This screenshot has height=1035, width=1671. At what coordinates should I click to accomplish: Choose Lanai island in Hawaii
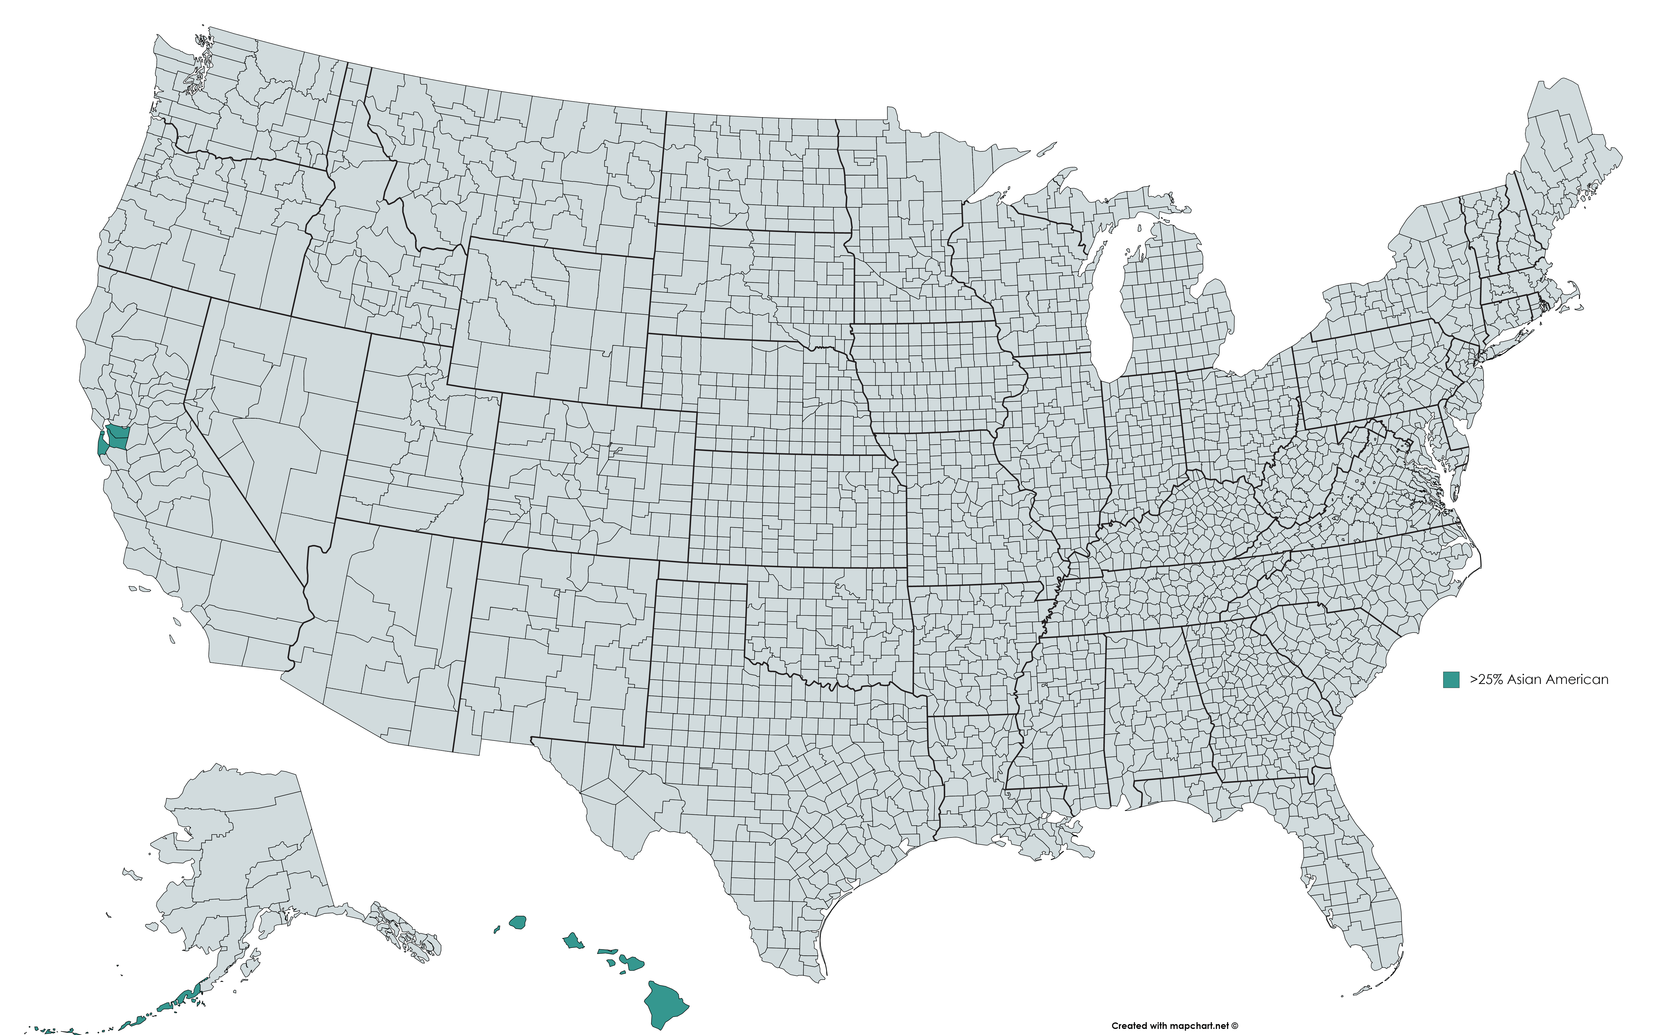611,962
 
